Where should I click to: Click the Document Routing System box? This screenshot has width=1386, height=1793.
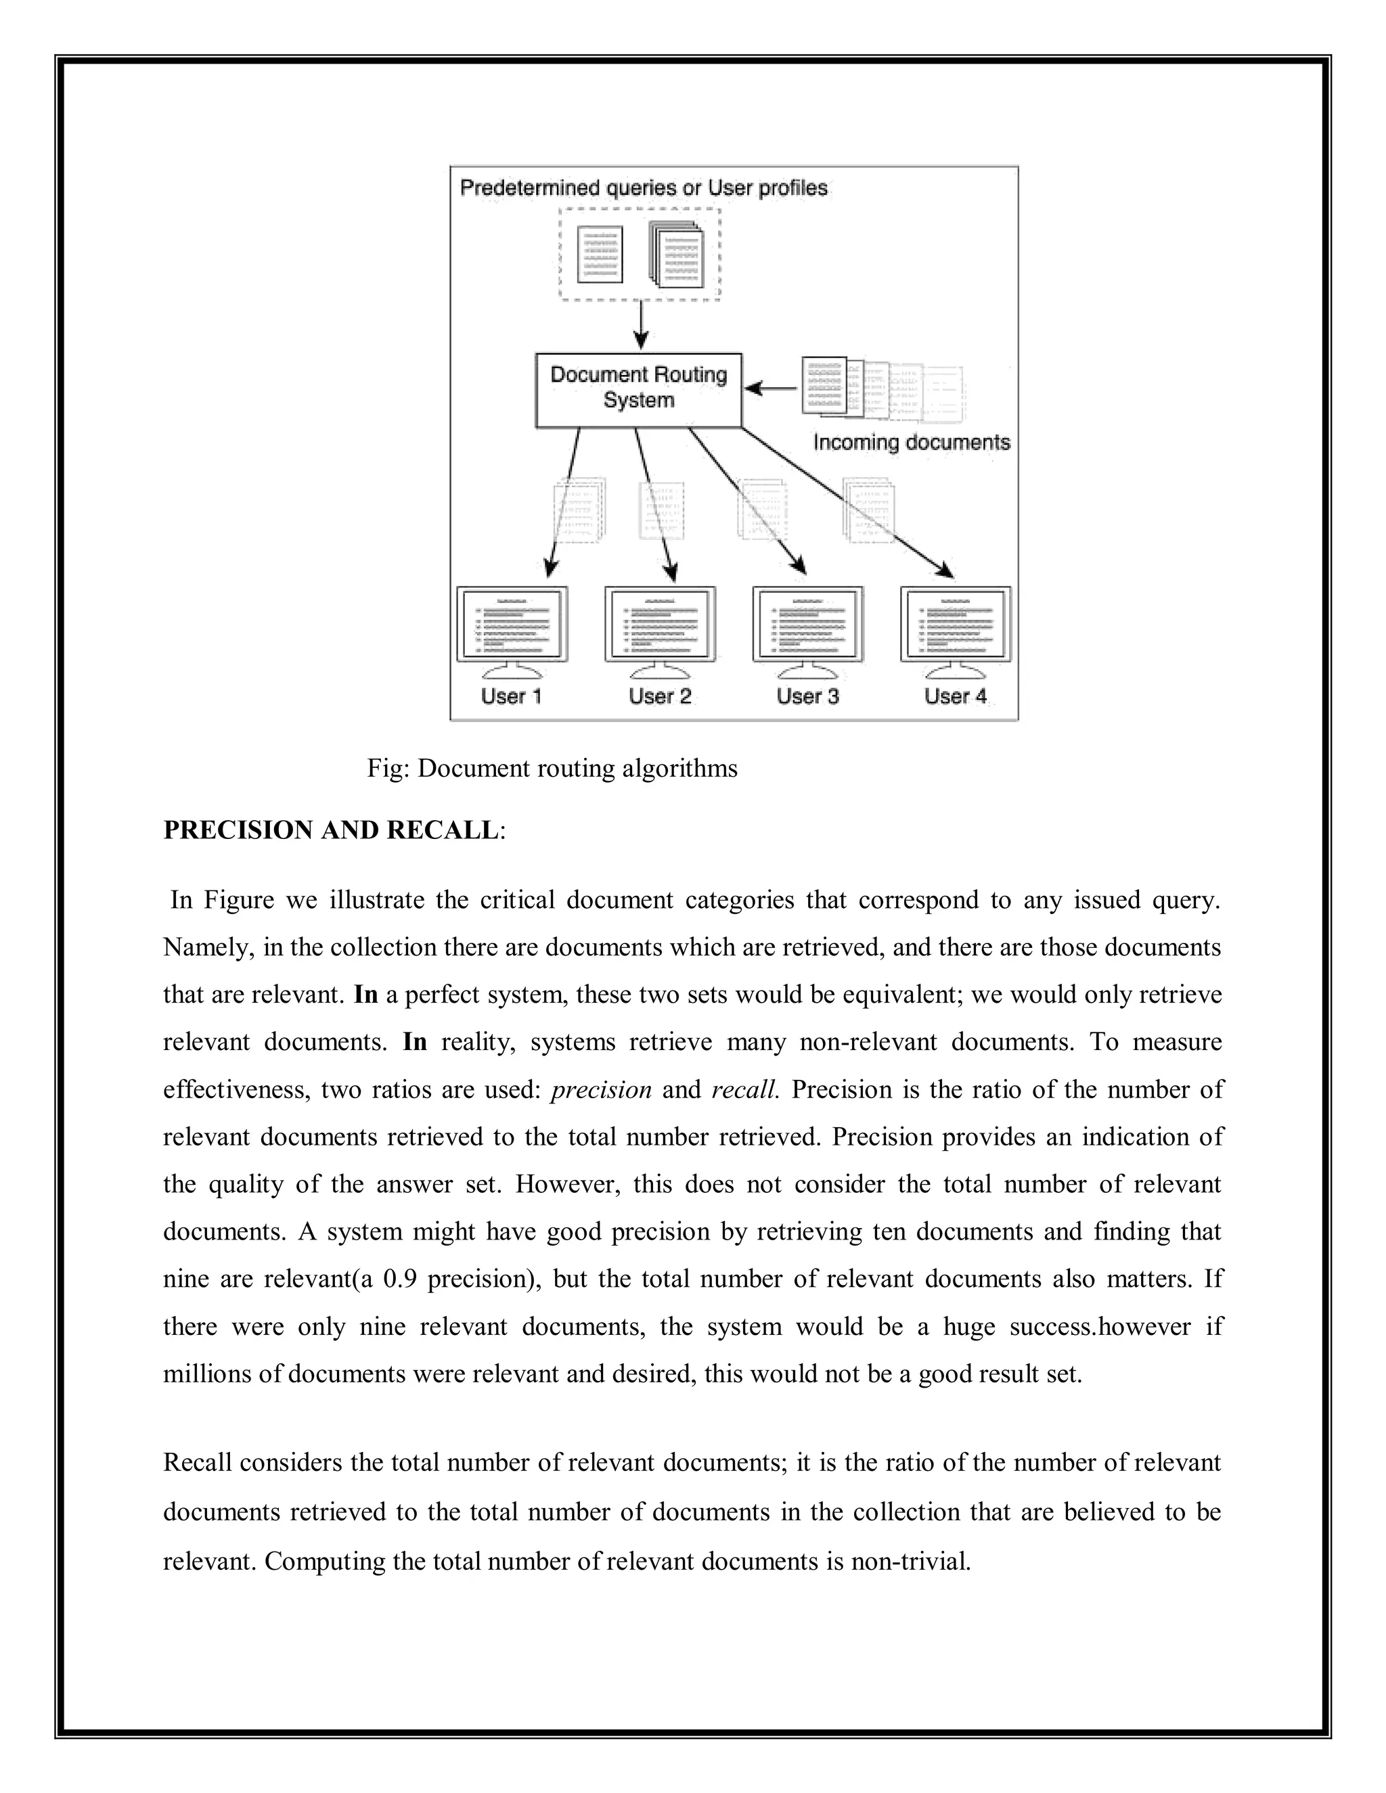pos(638,389)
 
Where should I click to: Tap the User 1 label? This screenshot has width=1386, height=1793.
pos(511,696)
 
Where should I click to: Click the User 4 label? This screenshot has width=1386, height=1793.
pos(955,696)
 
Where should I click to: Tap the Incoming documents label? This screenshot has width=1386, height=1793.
pos(911,442)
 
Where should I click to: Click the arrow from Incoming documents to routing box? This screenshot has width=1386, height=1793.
pos(769,388)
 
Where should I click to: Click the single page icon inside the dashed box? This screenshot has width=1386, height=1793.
pos(600,254)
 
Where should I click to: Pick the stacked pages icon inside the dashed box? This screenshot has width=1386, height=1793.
pos(677,254)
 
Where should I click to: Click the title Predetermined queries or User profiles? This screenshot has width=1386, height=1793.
pos(643,188)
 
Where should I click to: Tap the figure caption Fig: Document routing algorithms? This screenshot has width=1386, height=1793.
pos(552,769)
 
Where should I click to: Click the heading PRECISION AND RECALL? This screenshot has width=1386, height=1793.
pos(331,830)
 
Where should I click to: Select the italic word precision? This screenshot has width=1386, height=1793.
pos(601,1089)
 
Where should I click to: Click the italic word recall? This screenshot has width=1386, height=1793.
pos(744,1089)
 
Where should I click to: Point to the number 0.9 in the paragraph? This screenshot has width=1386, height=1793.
pos(401,1279)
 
